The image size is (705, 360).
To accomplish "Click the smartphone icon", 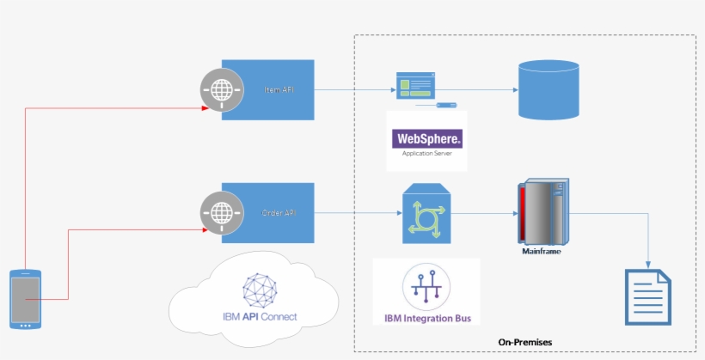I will tap(25, 299).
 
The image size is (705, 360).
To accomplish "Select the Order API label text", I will tap(276, 212).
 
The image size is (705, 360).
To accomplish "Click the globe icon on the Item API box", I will tap(223, 89).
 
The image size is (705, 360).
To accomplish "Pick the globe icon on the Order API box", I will tap(223, 212).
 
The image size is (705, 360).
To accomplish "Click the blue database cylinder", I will tap(549, 89).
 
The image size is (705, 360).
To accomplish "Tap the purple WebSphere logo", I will tap(427, 138).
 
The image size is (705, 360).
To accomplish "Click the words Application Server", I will tap(427, 155).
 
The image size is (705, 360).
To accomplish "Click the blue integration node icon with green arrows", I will tap(427, 213).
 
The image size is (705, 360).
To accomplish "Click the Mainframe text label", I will tap(543, 252).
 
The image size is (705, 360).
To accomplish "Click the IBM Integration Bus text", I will tap(427, 319).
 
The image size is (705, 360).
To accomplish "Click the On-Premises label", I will tap(524, 342).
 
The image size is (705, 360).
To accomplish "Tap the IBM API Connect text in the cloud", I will tap(259, 317).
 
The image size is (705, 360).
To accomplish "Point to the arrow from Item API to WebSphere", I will tap(352, 89).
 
